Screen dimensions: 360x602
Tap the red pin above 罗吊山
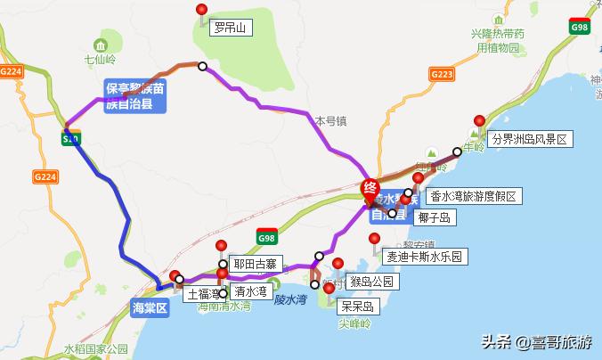(201, 10)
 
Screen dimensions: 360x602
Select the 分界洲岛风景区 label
(529, 139)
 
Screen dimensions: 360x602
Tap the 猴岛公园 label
(371, 282)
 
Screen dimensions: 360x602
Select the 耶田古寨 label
(256, 265)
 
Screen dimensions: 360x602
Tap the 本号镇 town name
(329, 119)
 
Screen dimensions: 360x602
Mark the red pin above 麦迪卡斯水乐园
(375, 239)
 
